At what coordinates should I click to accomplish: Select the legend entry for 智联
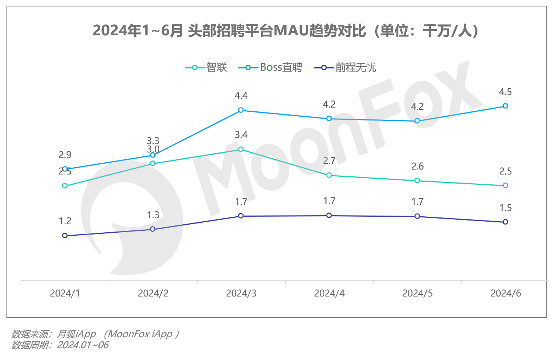(206, 68)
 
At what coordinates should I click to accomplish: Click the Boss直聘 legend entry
(270, 68)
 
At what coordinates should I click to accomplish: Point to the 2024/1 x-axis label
(65, 293)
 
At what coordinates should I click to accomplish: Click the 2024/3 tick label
(241, 293)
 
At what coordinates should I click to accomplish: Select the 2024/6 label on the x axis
(505, 293)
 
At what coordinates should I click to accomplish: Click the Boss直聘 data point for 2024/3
(241, 110)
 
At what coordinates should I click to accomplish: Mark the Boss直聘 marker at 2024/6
(505, 106)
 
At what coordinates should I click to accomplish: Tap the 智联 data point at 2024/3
(241, 149)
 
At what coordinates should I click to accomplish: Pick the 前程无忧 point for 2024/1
(65, 236)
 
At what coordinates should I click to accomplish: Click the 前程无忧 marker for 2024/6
(505, 222)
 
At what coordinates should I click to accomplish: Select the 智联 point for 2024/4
(329, 175)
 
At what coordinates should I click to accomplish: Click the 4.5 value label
(505, 92)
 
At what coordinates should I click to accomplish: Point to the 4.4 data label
(241, 96)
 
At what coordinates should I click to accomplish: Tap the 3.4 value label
(241, 135)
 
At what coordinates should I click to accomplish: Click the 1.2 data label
(65, 221)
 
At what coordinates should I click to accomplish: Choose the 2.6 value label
(417, 167)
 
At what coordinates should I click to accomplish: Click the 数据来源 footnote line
(95, 334)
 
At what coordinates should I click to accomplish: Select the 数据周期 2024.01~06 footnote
(60, 345)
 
